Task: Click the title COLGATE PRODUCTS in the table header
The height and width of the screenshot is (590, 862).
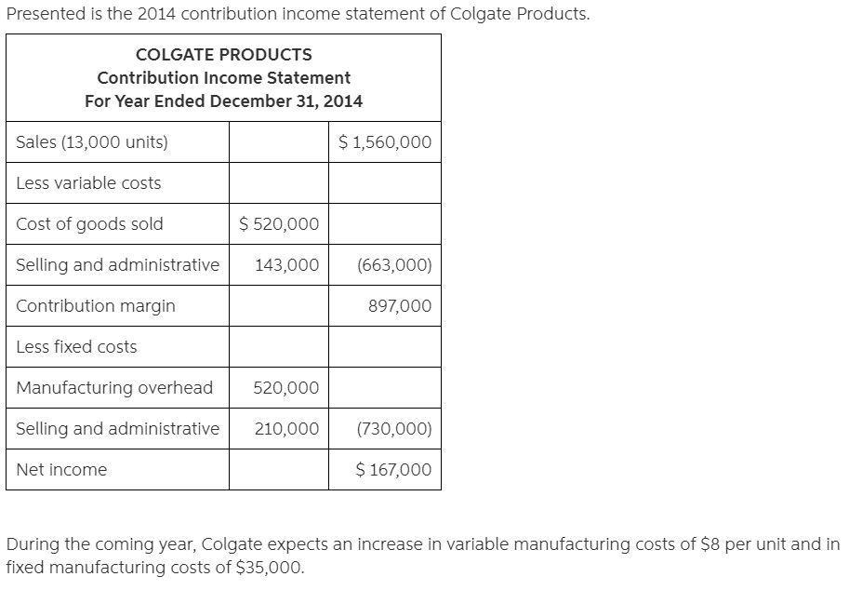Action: click(x=223, y=55)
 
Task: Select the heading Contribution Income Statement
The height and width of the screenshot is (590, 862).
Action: click(x=223, y=78)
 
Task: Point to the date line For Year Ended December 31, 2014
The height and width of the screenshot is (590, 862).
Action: click(x=223, y=101)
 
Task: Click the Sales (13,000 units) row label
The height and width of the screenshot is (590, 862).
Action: click(x=92, y=142)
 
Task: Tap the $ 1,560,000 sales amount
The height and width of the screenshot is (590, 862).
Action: click(x=385, y=142)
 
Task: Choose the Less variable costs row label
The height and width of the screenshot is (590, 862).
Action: click(x=88, y=183)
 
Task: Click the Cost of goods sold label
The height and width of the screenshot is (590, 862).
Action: click(x=89, y=224)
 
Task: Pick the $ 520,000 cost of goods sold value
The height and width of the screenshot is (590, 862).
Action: click(x=279, y=224)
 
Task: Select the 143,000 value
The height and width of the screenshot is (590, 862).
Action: click(x=286, y=265)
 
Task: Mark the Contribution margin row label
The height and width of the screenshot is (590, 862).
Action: click(x=96, y=306)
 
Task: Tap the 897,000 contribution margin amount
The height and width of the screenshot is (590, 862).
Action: click(x=400, y=306)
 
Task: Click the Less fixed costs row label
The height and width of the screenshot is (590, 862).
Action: click(x=76, y=347)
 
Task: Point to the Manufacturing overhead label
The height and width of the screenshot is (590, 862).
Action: click(x=114, y=388)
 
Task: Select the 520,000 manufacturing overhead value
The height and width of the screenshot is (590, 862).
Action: click(x=285, y=388)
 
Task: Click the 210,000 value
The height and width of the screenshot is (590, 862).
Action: click(x=285, y=429)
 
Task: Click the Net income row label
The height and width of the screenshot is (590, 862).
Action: click(x=61, y=470)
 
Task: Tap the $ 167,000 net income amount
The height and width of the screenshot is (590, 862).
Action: click(x=393, y=470)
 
